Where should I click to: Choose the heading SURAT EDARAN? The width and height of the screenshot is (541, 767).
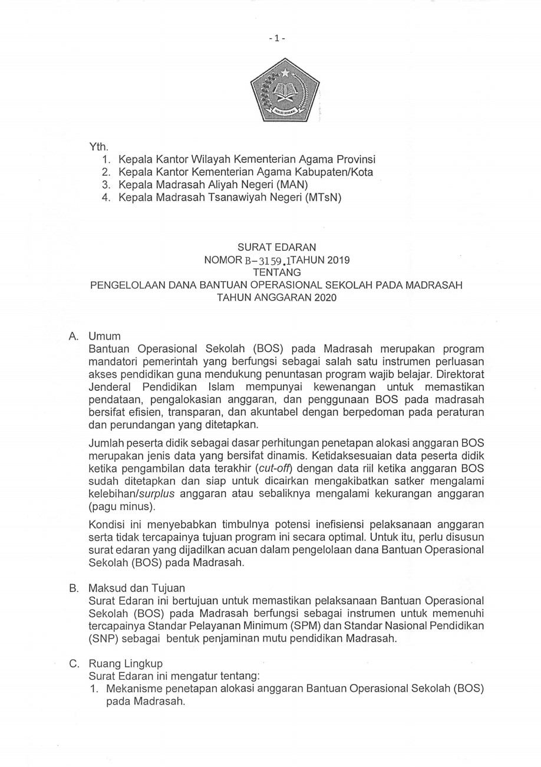pyautogui.click(x=276, y=248)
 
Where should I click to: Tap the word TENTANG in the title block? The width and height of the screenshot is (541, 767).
pyautogui.click(x=276, y=272)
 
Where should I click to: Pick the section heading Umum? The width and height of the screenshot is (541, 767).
pyautogui.click(x=104, y=337)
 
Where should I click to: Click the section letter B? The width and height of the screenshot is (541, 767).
pyautogui.click(x=74, y=588)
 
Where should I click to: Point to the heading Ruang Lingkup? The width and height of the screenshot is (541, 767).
pyautogui.click(x=125, y=663)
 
